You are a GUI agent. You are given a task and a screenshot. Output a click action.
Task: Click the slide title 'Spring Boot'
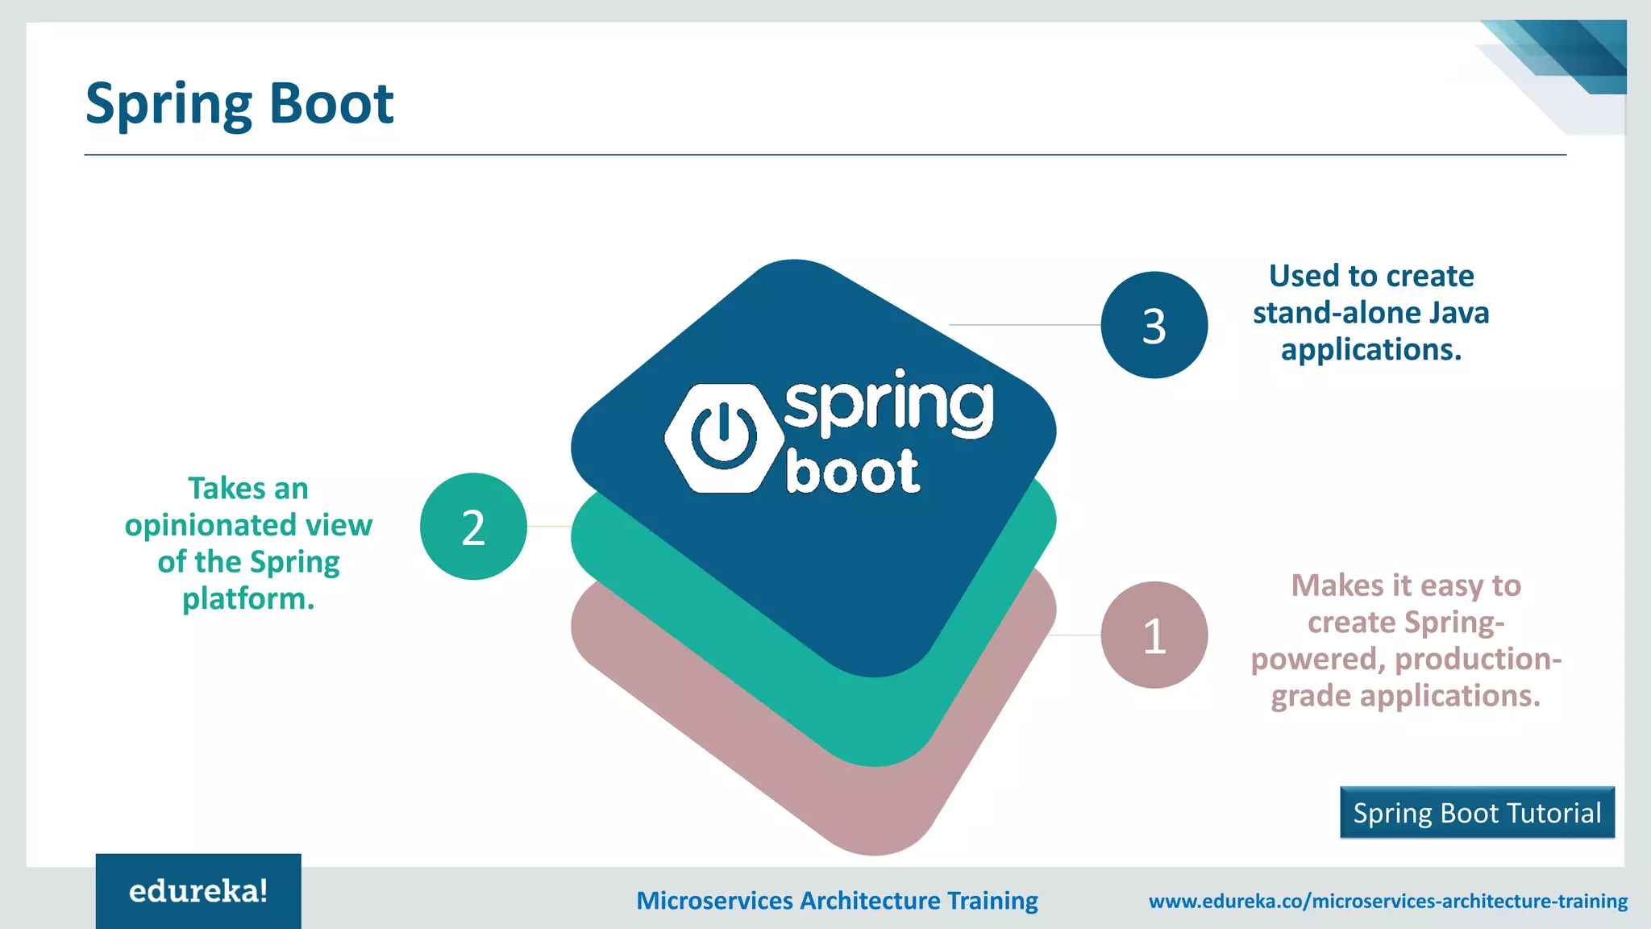239,104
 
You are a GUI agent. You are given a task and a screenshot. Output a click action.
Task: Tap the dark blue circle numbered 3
1154,325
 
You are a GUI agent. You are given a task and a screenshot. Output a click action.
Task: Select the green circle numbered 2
473,527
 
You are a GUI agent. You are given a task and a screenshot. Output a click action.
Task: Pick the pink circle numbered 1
1154,635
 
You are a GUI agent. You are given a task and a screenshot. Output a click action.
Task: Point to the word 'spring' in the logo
888,405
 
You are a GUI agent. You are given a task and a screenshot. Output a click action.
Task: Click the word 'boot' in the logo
852,472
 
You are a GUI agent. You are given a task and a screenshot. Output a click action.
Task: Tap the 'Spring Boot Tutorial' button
1477,813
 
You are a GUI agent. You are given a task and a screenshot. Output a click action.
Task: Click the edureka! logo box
198,891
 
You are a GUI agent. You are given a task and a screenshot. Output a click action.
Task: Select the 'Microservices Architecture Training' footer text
837,901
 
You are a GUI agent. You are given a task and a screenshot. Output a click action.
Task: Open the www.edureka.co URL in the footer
1387,901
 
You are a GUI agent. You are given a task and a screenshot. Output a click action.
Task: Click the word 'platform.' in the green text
248,599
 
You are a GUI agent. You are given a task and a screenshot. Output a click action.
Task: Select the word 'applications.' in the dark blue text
1370,350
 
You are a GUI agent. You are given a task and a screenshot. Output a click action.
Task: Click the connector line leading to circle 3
1024,325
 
